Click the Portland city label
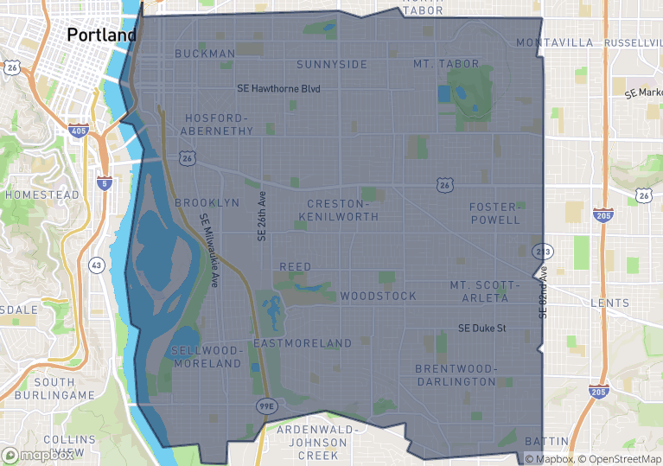click(101, 35)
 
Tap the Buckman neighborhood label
click(205, 54)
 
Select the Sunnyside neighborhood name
click(332, 65)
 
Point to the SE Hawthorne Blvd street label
click(278, 89)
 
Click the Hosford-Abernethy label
click(217, 124)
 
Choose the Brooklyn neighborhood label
click(207, 202)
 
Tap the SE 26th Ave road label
click(263, 216)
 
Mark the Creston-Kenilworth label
click(343, 209)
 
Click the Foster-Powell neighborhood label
click(495, 214)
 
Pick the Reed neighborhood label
click(296, 267)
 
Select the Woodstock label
click(378, 296)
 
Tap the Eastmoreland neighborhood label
click(303, 343)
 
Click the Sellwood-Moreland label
click(207, 357)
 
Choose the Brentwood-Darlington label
click(456, 375)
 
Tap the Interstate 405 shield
click(79, 130)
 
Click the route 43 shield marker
click(97, 265)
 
